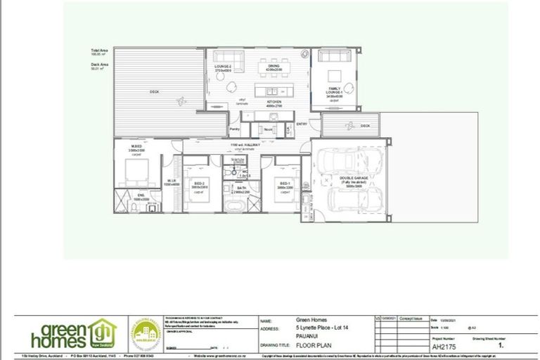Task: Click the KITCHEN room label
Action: pyautogui.click(x=273, y=103)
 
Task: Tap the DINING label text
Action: pyautogui.click(x=273, y=66)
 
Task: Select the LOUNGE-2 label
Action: pyautogui.click(x=223, y=67)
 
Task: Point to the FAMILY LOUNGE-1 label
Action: pyautogui.click(x=334, y=91)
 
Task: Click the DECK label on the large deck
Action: pyautogui.click(x=154, y=92)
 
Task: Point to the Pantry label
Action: pyautogui.click(x=234, y=129)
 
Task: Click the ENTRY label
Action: pyautogui.click(x=302, y=124)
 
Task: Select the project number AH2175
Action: pyautogui.click(x=441, y=346)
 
